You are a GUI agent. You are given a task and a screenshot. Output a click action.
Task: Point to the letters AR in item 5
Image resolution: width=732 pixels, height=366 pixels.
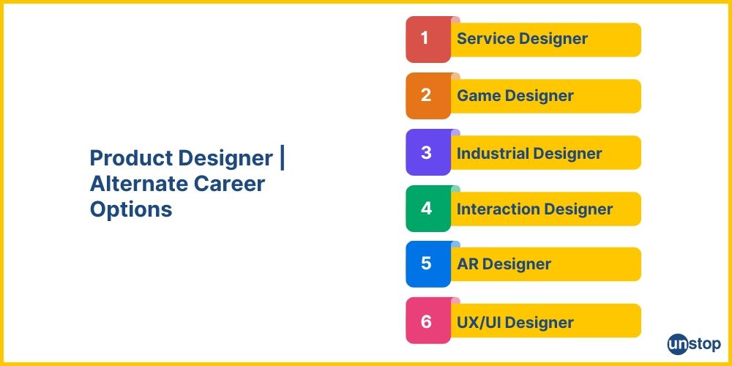[x=467, y=264]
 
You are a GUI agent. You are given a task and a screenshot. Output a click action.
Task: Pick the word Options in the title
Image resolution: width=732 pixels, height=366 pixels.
[x=131, y=209]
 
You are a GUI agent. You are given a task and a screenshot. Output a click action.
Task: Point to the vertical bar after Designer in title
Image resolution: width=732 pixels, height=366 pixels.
[x=283, y=158]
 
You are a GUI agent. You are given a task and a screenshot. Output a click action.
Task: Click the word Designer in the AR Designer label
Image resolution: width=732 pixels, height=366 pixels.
[x=517, y=264]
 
